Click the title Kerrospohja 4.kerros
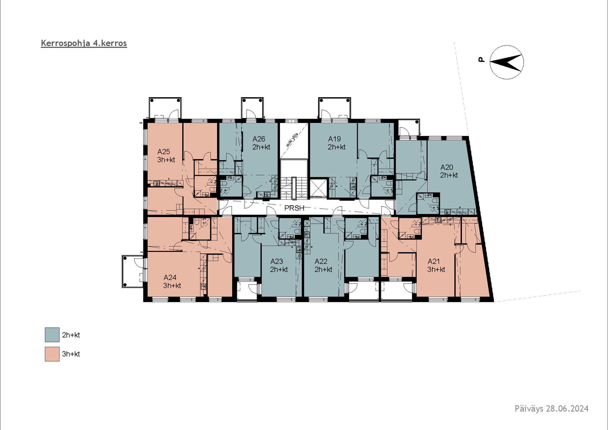pos(84,44)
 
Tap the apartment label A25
pos(163,151)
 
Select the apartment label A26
pos(258,139)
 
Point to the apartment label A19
pos(334,139)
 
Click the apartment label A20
pos(447,167)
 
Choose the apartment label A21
pos(434,261)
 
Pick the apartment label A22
pos(321,261)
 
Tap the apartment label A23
pos(277,261)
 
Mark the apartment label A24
pos(170,277)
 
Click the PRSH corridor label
pos(294,208)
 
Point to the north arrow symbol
pos(507,62)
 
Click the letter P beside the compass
pos(481,60)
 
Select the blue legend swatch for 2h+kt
pos(52,335)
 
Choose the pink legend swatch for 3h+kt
pos(52,354)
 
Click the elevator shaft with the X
pos(318,187)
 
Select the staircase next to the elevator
pos(294,187)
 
